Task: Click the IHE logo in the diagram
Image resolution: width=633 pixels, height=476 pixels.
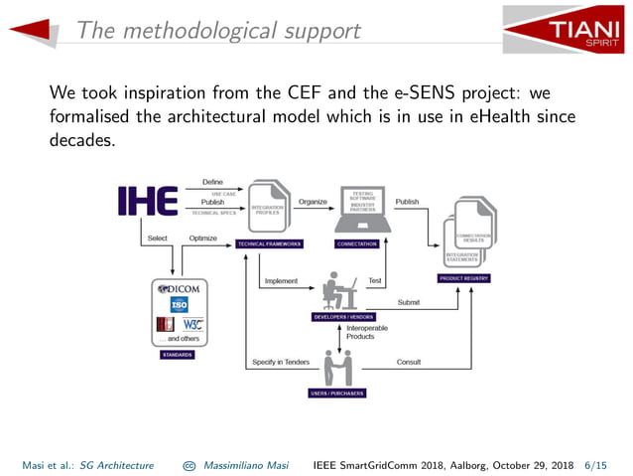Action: pos(148,201)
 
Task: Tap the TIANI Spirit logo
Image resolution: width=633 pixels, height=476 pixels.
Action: pos(563,29)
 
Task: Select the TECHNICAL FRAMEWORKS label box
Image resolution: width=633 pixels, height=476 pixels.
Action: pos(269,243)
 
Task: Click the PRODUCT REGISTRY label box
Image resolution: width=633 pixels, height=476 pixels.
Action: pos(464,279)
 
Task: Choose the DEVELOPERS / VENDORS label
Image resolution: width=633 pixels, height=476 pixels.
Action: pos(343,316)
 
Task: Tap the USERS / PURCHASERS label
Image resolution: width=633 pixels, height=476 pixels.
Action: pos(337,394)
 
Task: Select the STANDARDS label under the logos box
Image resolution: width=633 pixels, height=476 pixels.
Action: pos(179,354)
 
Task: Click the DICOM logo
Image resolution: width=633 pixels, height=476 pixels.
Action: pos(180,289)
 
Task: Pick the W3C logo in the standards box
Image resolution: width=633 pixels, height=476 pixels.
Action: pos(191,324)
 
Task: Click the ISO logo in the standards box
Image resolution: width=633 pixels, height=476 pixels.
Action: pos(180,306)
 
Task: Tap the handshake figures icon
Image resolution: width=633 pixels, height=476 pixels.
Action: pos(338,370)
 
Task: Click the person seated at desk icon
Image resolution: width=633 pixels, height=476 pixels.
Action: pos(340,291)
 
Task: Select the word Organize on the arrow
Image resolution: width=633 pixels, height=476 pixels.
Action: pos(313,202)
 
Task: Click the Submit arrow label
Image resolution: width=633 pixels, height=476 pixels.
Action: pos(408,301)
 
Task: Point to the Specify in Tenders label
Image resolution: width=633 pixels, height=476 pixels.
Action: pos(281,362)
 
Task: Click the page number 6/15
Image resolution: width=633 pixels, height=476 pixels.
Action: pos(599,464)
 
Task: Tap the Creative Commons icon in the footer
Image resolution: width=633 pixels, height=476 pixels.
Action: pos(189,464)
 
